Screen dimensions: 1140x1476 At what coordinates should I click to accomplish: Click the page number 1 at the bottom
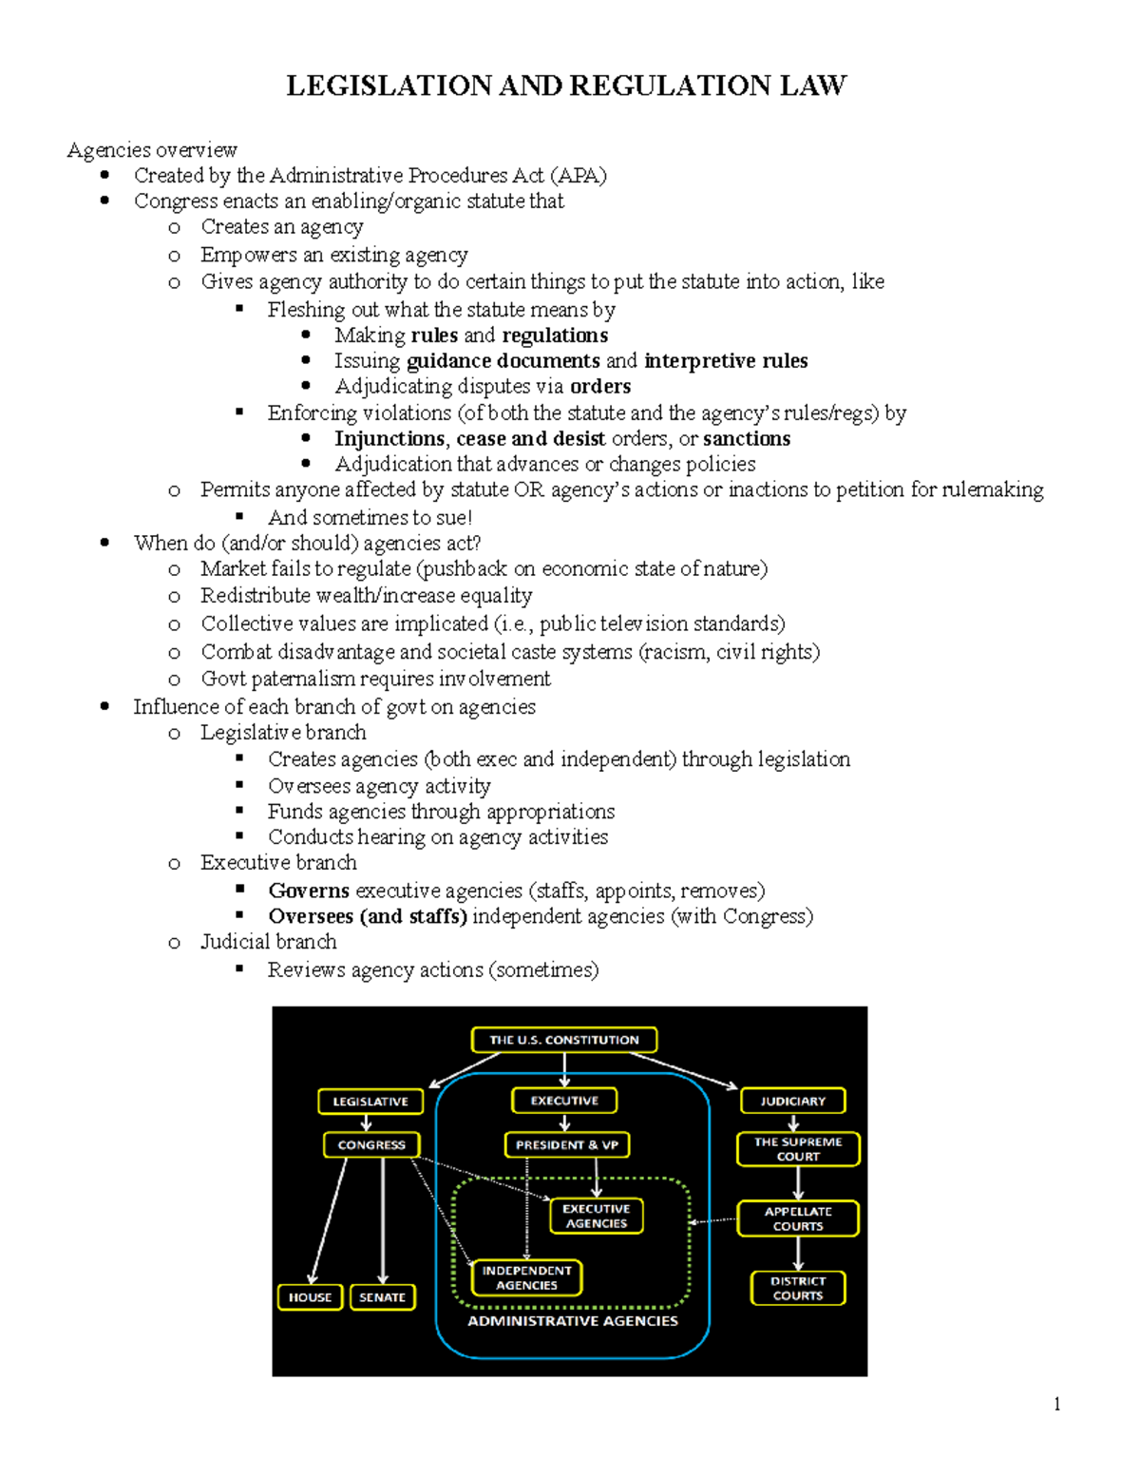(x=1056, y=1404)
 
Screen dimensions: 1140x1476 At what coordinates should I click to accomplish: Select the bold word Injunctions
(x=389, y=438)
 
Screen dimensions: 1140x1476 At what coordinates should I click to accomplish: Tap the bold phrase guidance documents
(x=503, y=361)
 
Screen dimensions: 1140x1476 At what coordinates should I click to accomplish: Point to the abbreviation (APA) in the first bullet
(x=578, y=176)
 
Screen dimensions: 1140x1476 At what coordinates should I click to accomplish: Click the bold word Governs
(x=309, y=891)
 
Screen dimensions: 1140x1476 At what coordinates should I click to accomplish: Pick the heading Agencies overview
(x=152, y=150)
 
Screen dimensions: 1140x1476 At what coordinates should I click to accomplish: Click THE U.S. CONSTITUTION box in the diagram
(x=563, y=1040)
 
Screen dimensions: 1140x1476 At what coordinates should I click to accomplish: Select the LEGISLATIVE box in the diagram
(x=370, y=1102)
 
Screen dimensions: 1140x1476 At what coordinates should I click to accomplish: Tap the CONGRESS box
(x=371, y=1145)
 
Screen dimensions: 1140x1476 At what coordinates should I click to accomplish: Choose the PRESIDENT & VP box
(x=566, y=1145)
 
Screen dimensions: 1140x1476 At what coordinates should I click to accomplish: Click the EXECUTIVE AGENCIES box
(x=597, y=1216)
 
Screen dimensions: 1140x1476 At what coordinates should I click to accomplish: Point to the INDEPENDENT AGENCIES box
(x=526, y=1277)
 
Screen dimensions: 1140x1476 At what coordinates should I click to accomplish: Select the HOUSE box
(x=310, y=1296)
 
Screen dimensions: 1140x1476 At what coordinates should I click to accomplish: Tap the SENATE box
(x=382, y=1296)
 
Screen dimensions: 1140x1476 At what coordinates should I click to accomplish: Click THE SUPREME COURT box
(x=798, y=1149)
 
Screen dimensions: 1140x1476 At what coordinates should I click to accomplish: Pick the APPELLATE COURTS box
(x=798, y=1218)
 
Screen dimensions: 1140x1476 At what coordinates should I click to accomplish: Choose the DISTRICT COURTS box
(x=798, y=1288)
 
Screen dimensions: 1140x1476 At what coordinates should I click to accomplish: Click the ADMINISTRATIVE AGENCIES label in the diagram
(x=573, y=1321)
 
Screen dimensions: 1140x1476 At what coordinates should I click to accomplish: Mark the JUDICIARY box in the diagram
(x=792, y=1102)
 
